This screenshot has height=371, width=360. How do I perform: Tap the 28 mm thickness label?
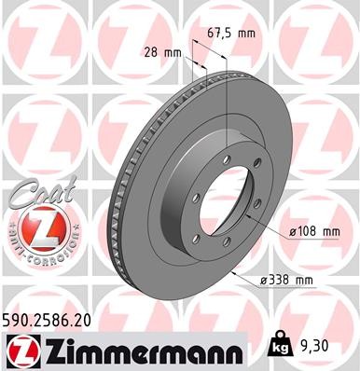159,52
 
